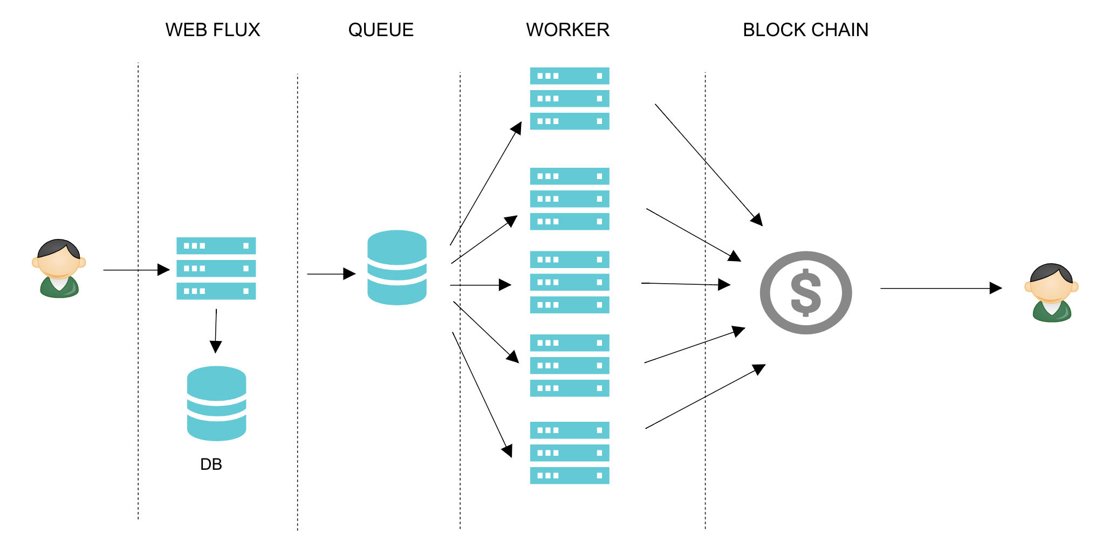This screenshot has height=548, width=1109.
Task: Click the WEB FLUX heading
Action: (213, 30)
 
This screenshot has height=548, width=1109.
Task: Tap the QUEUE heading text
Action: (381, 30)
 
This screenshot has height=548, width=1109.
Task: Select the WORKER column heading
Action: (567, 30)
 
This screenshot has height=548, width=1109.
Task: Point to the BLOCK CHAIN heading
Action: (805, 30)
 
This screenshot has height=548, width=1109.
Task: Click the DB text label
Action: (211, 464)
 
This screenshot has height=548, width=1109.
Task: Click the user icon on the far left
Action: (59, 269)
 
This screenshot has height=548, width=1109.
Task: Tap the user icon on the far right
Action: (1051, 293)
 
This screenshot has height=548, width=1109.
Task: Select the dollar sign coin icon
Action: (805, 293)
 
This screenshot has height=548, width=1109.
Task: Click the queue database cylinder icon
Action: (397, 268)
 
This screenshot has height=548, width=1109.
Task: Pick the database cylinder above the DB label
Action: (216, 403)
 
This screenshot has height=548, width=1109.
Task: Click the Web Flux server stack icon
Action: (216, 269)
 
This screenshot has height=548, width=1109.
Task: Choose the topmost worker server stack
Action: (570, 99)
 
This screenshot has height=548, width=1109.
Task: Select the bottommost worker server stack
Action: (570, 453)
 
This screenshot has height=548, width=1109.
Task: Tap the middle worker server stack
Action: (570, 282)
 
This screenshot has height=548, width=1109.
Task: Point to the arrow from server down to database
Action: (216, 330)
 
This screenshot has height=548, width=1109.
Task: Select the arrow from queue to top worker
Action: (485, 184)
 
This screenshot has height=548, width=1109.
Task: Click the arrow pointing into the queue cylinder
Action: (331, 274)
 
